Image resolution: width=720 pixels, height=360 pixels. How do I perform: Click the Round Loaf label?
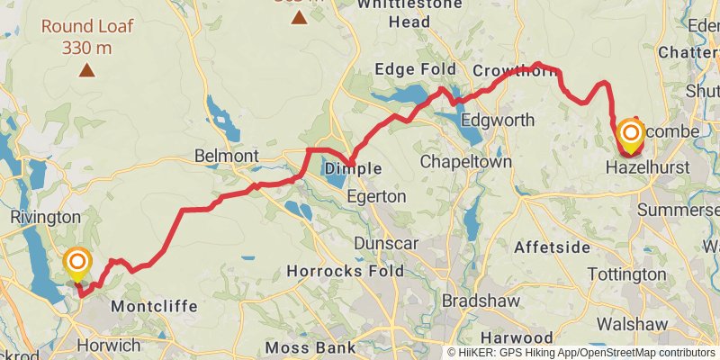point(86,26)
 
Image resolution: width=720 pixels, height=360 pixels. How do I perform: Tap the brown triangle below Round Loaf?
point(86,69)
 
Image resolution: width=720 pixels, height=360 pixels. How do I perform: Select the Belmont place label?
point(226,156)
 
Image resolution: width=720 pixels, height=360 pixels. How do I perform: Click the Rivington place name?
point(44,217)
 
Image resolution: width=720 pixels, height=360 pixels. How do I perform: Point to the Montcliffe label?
point(153,307)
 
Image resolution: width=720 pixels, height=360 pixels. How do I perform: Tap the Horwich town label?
point(108,345)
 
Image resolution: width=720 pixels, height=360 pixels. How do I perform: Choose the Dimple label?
point(353,168)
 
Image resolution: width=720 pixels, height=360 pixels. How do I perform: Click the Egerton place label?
point(376,195)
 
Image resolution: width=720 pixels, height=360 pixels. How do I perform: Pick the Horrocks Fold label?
point(341,270)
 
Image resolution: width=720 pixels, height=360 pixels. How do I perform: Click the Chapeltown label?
point(466,162)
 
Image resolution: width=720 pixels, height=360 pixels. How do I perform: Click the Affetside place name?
point(552,247)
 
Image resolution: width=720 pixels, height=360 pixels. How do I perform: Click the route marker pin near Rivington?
point(78,263)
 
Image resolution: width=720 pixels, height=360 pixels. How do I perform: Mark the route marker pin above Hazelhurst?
point(631,135)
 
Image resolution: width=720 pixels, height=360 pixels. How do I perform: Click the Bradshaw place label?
point(477,297)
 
